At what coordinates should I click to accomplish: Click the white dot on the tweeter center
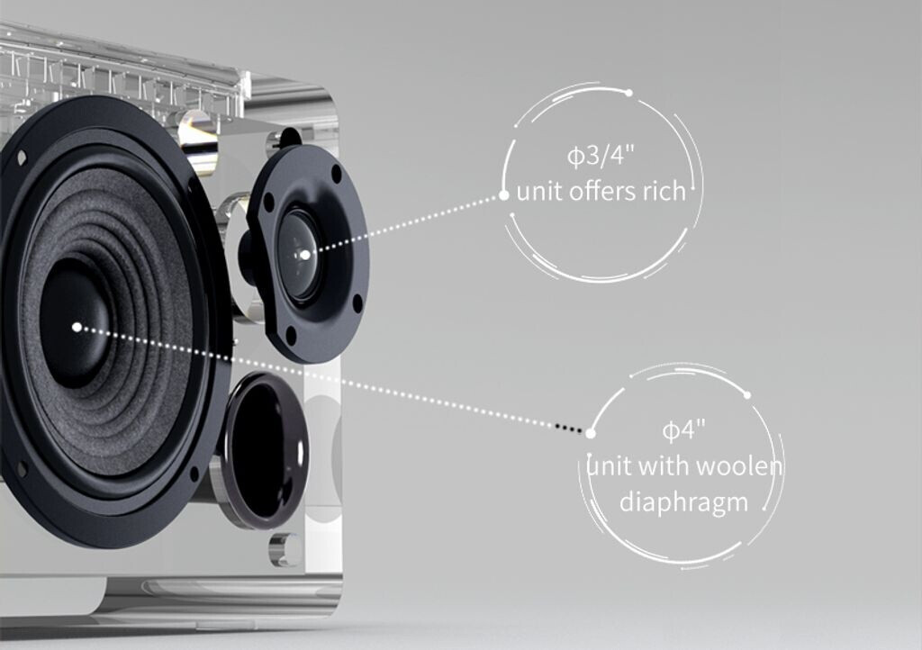click(x=304, y=255)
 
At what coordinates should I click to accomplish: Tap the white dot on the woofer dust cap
click(x=77, y=327)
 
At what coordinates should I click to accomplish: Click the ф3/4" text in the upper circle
click(x=601, y=155)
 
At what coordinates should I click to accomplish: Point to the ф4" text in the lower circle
click(x=682, y=430)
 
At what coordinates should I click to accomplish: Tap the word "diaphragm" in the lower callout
click(x=683, y=501)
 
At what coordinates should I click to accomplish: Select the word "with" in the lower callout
click(x=666, y=466)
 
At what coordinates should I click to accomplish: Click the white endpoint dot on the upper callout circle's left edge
click(x=503, y=194)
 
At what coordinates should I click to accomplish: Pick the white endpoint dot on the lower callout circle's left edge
click(x=590, y=433)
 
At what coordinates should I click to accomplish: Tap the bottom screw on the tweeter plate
click(x=290, y=335)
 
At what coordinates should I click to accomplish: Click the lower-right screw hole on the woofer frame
click(x=194, y=472)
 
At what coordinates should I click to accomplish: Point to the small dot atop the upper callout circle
click(x=628, y=93)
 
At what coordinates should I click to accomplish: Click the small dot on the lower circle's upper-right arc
click(x=746, y=394)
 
